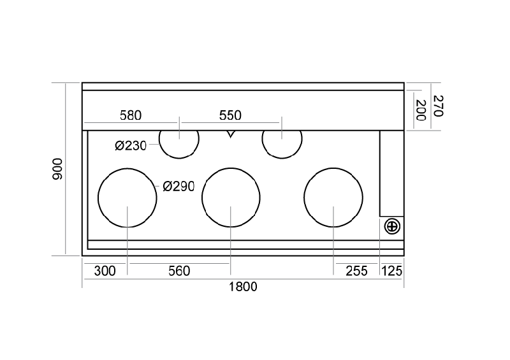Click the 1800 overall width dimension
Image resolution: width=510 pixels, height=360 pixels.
[x=243, y=287]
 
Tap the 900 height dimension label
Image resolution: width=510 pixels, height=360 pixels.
[x=57, y=169]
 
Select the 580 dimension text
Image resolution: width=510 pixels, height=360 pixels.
[x=131, y=115]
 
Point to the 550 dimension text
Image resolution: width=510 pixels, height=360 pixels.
[x=230, y=115]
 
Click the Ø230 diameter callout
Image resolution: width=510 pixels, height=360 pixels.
[x=131, y=146]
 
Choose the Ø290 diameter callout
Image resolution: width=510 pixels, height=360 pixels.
[x=178, y=186]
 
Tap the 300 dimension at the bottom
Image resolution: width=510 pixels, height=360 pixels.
[x=105, y=271]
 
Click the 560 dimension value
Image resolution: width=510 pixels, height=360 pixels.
[x=179, y=271]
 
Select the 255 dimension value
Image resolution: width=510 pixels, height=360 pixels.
[x=356, y=271]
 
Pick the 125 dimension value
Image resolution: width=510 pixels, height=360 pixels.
[x=391, y=271]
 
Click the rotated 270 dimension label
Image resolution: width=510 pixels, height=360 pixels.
[x=439, y=106]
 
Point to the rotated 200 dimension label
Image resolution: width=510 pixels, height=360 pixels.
[x=421, y=110]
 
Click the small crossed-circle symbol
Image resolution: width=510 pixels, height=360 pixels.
[x=392, y=226]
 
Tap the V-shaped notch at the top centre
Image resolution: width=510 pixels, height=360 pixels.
[x=230, y=134]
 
